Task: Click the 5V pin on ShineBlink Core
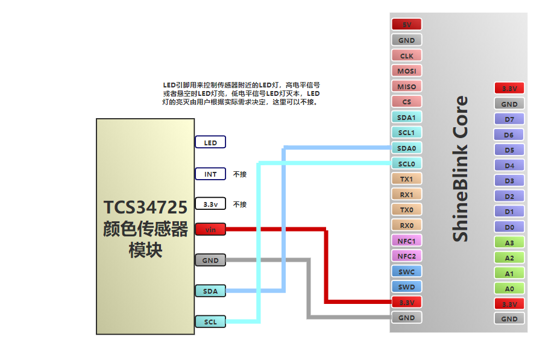pos(406,25)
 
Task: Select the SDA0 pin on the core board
pos(406,148)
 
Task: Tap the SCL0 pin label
pos(406,163)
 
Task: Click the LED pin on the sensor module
pos(210,143)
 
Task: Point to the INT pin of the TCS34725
pos(210,174)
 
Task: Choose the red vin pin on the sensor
pos(210,230)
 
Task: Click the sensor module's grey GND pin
pos(210,261)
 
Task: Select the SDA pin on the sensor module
pos(210,291)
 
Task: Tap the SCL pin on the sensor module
pos(210,322)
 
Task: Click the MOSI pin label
pos(406,71)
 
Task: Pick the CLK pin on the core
pos(406,55)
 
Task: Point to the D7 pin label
pos(509,119)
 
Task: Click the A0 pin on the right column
pos(509,289)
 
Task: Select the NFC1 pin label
pos(406,241)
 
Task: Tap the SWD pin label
pos(406,287)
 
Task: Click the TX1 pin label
pos(406,179)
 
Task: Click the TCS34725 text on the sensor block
pos(145,207)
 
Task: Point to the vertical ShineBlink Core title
pos(461,169)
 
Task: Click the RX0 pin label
pos(406,226)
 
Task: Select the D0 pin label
pos(509,227)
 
